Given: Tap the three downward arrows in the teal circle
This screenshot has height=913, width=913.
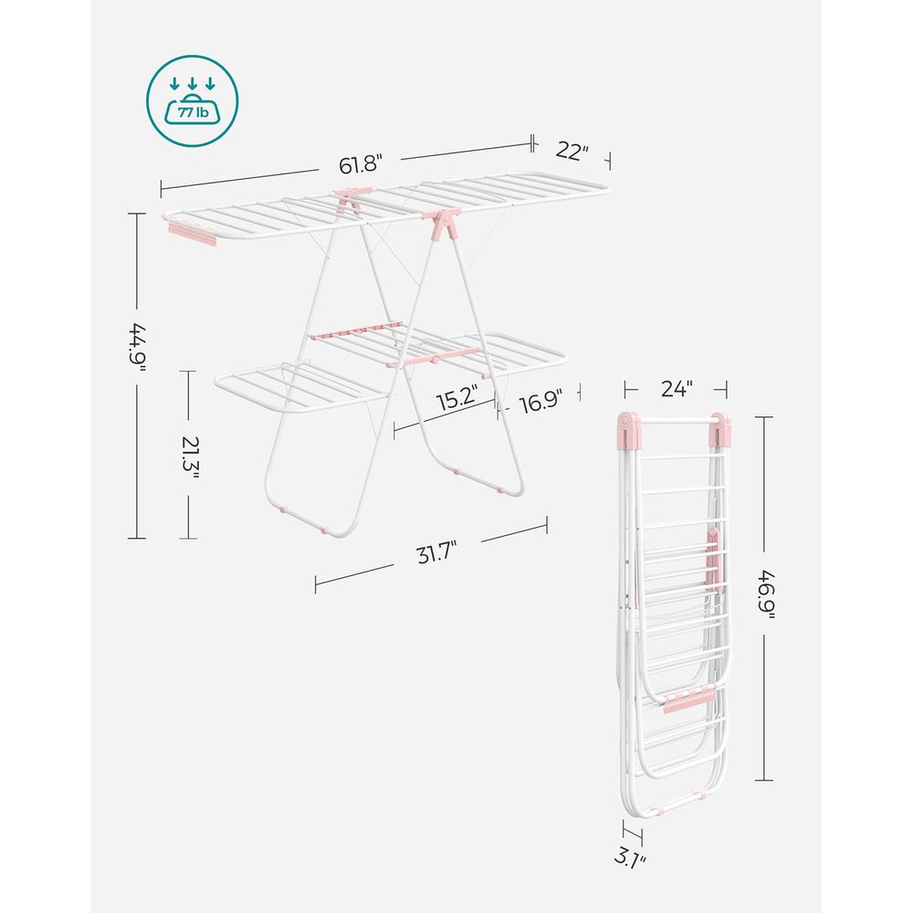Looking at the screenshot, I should pos(192,85).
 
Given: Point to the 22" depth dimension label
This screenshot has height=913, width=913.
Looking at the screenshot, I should pos(572,152).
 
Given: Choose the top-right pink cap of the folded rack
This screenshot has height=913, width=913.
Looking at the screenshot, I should pos(720,427).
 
